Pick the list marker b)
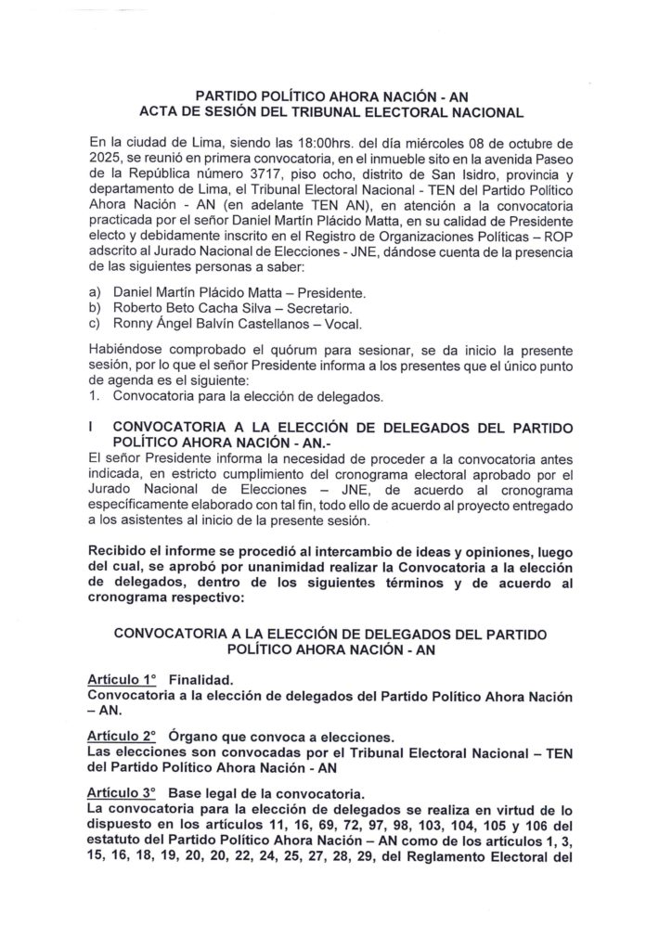[x=95, y=306]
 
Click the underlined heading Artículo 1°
[x=123, y=678]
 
